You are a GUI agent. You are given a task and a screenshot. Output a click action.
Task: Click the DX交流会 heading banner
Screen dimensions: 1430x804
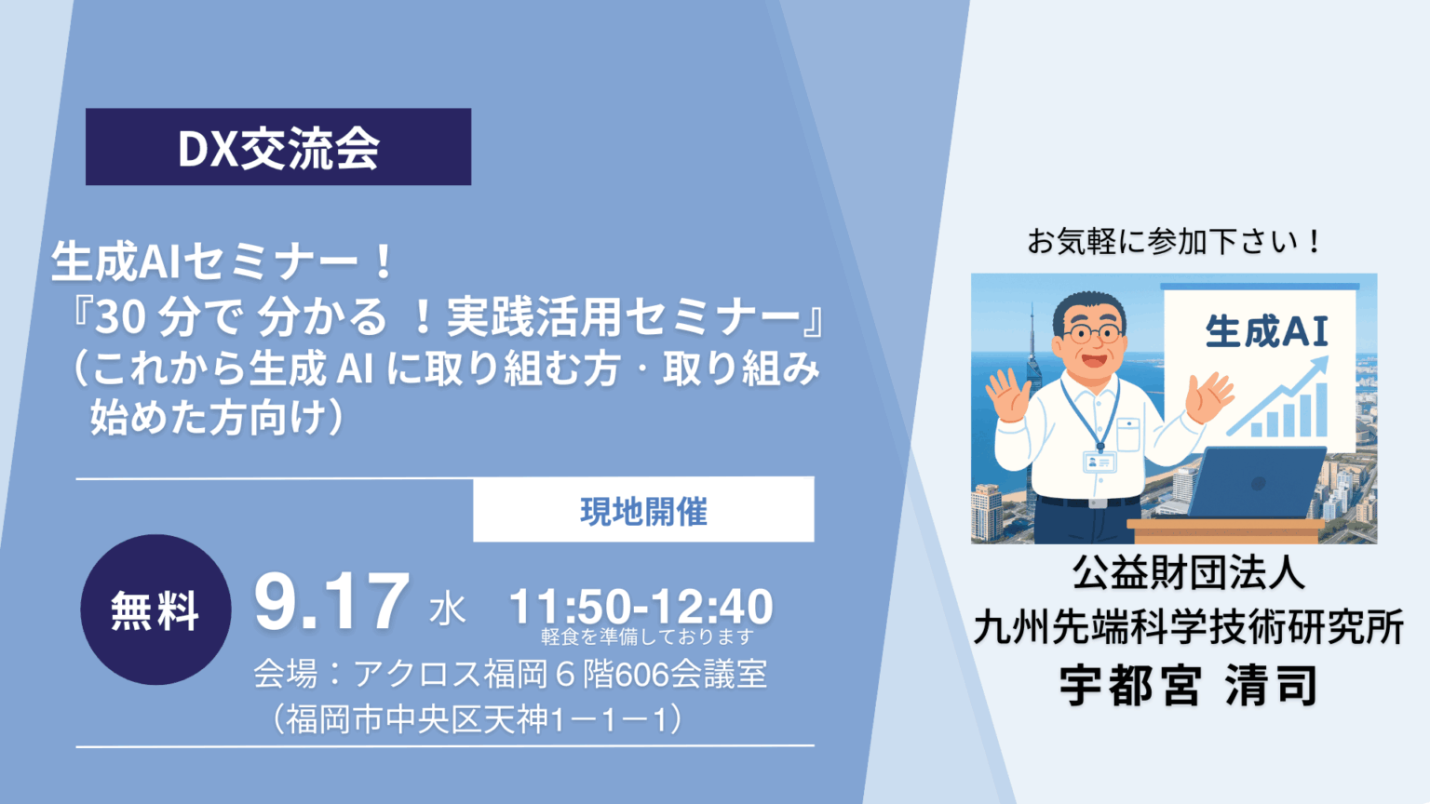click(278, 147)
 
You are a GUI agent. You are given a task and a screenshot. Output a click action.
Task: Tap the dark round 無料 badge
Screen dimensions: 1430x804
click(155, 610)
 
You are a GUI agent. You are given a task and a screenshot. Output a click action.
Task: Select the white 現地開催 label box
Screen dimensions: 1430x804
click(643, 510)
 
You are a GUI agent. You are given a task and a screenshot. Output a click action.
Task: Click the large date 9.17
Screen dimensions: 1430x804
click(331, 602)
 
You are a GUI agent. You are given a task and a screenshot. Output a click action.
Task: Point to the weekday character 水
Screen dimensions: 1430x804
click(447, 610)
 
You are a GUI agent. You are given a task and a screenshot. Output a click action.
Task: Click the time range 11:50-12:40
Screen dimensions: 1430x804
click(641, 606)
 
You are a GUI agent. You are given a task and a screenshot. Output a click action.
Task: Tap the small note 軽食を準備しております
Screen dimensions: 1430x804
click(647, 636)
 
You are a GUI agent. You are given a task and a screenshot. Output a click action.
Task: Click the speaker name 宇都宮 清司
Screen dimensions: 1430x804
click(1189, 685)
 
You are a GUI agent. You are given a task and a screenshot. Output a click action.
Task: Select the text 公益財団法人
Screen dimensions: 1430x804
click(1189, 571)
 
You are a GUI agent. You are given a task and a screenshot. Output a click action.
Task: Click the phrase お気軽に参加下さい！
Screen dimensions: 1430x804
click(1173, 243)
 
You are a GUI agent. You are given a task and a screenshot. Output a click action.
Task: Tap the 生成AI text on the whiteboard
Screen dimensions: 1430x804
click(1266, 332)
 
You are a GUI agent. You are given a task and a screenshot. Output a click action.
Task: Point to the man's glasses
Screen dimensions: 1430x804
click(1092, 332)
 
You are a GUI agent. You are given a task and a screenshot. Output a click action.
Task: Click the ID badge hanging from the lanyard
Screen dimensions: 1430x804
click(1099, 462)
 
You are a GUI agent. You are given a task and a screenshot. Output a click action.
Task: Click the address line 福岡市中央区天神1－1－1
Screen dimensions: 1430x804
click(478, 719)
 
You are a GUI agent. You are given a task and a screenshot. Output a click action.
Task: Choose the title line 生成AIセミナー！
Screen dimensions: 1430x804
click(224, 261)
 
